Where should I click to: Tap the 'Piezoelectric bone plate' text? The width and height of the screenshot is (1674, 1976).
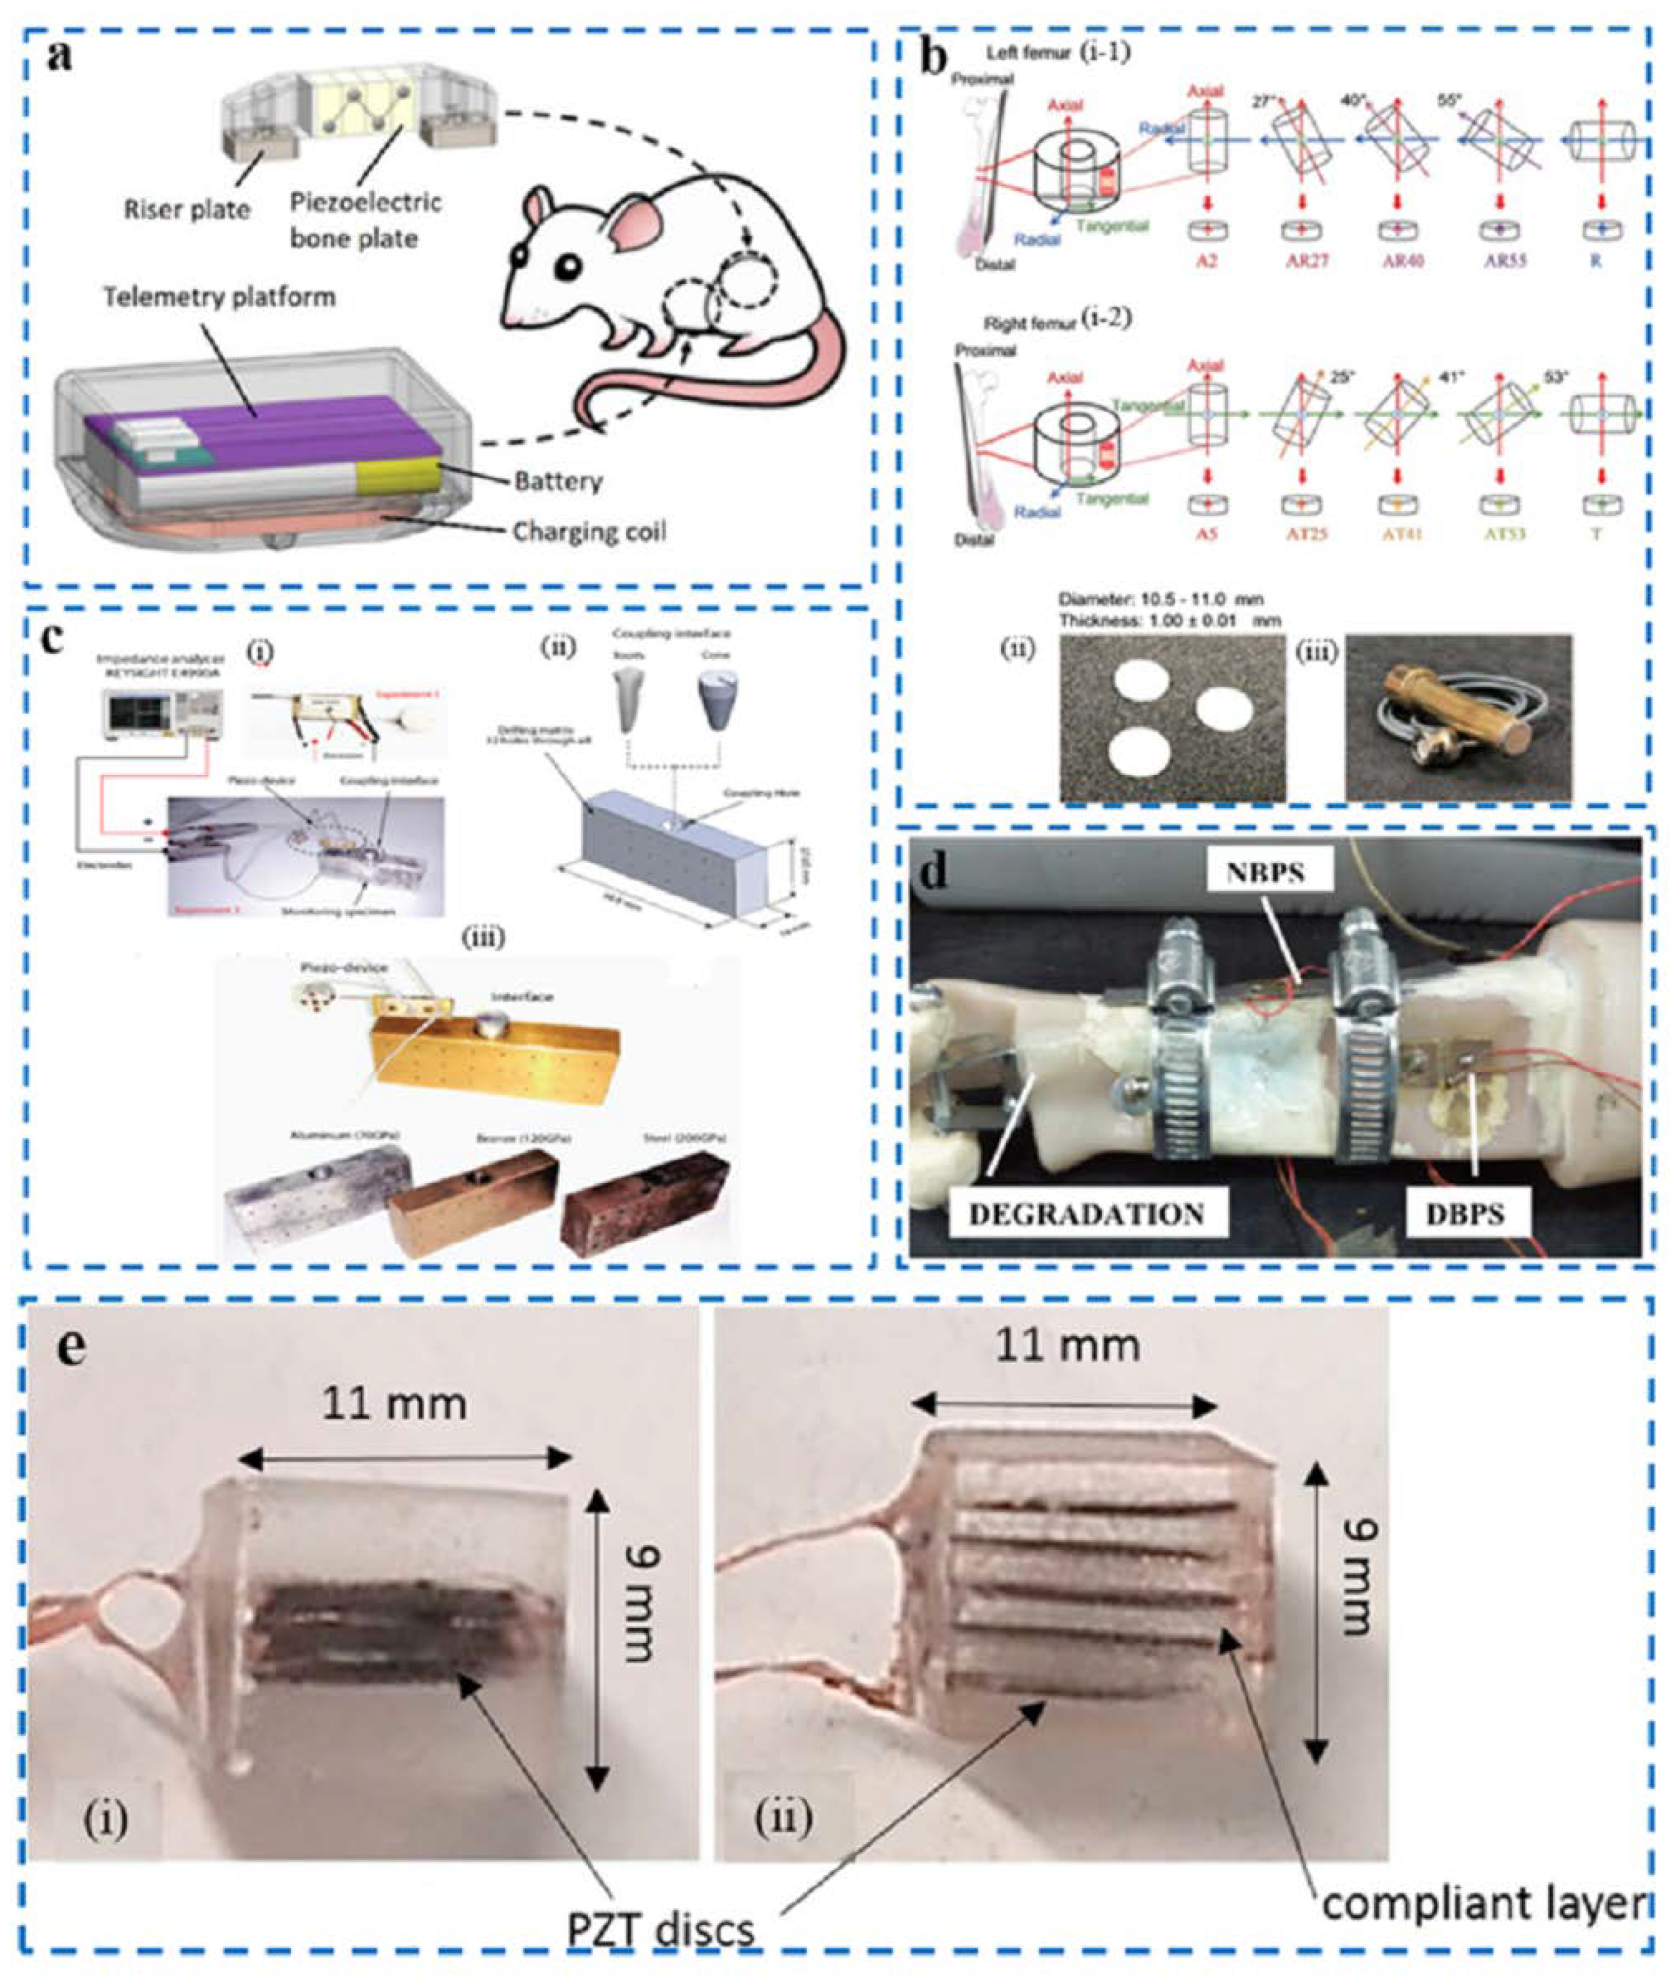pyautogui.click(x=365, y=220)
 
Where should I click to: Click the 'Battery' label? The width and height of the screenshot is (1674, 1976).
pyautogui.click(x=558, y=481)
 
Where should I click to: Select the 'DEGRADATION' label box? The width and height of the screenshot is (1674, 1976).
pyautogui.click(x=1087, y=1213)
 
